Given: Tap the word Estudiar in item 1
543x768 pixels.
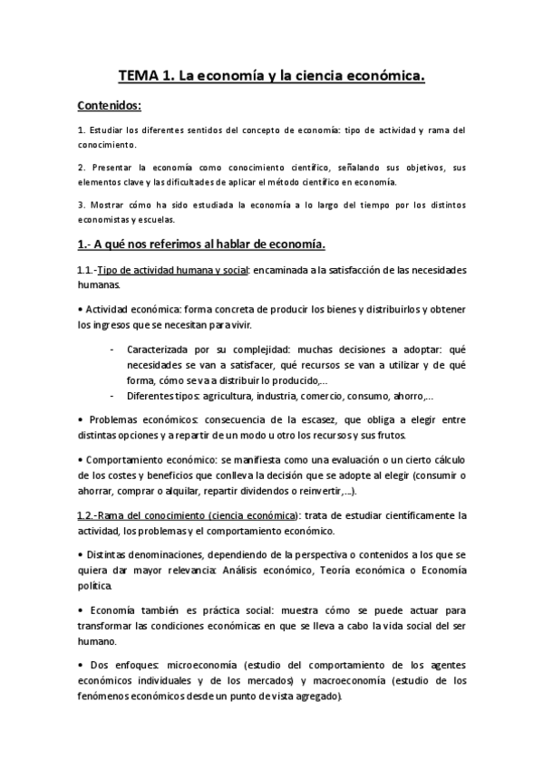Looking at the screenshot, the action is tap(109, 130).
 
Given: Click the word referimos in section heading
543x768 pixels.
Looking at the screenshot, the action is tap(180, 245).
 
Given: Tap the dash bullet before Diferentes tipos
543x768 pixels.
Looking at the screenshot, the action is tap(111, 395).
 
